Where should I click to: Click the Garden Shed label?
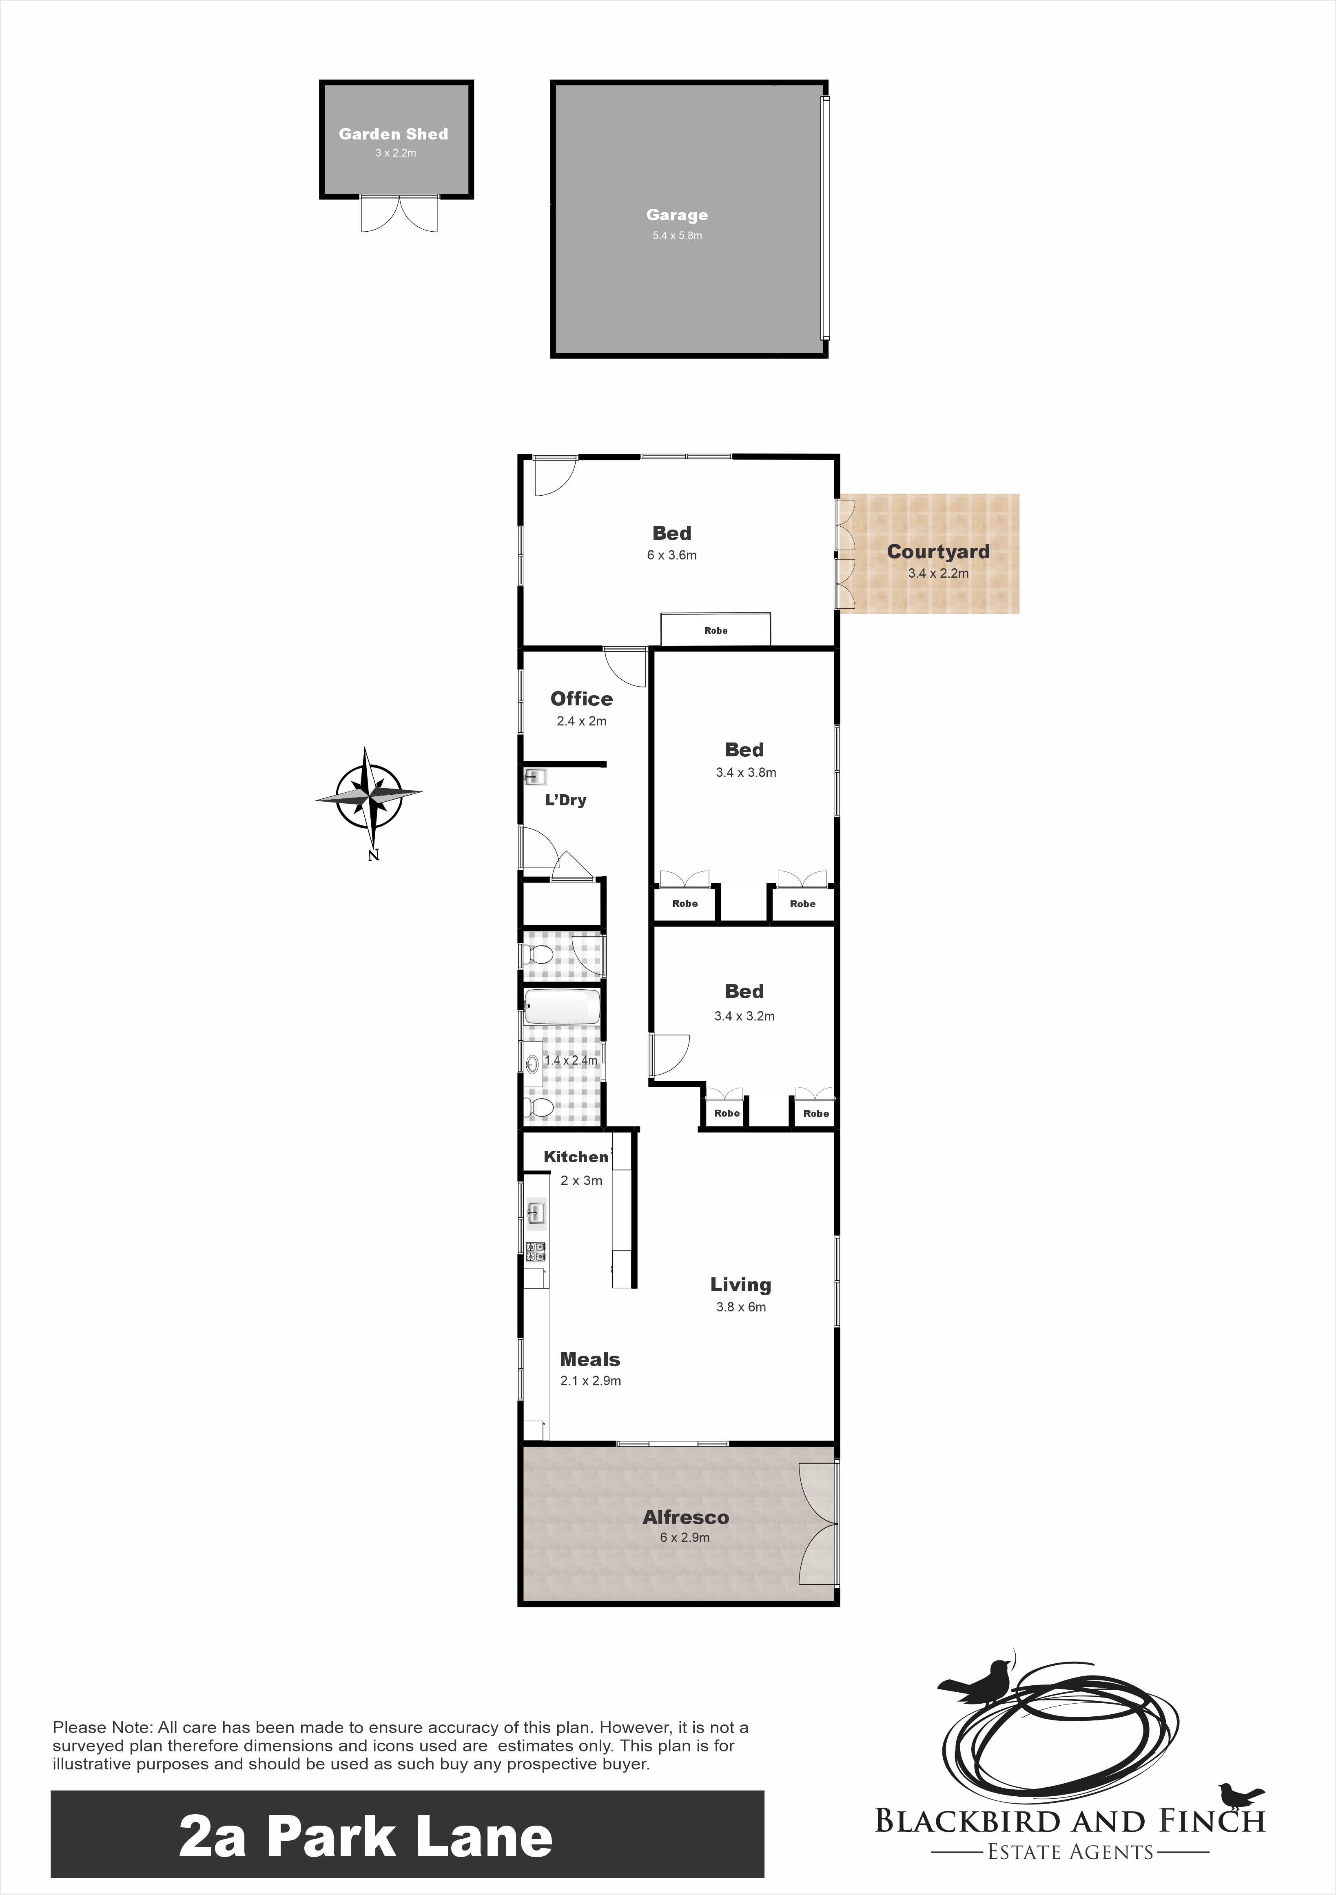[394, 134]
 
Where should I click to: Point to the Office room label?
[582, 699]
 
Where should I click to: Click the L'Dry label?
[566, 800]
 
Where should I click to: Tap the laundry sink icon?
[536, 777]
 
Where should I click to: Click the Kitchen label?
[576, 1157]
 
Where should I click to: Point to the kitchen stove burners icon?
[536, 1251]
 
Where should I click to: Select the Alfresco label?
[686, 1517]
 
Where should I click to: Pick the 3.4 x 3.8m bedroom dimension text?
[746, 773]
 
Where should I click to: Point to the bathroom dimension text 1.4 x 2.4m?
[571, 1060]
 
